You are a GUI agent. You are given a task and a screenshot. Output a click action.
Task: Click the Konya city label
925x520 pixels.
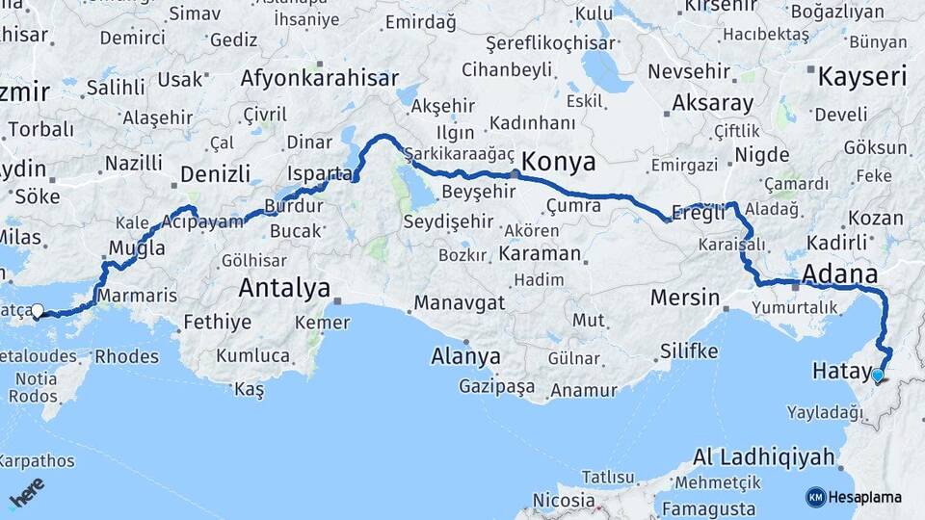pyautogui.click(x=559, y=160)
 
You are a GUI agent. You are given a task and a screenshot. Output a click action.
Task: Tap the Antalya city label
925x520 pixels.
pyautogui.click(x=284, y=287)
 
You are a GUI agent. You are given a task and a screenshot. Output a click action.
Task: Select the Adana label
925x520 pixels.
pyautogui.click(x=839, y=273)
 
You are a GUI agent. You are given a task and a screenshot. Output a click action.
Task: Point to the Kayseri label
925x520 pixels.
pyautogui.click(x=861, y=77)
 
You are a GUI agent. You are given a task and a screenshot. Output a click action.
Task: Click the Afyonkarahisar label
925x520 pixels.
pyautogui.click(x=319, y=78)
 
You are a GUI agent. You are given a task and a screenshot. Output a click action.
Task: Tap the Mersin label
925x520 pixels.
pyautogui.click(x=685, y=297)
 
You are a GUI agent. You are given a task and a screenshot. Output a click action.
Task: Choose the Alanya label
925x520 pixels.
pyautogui.click(x=466, y=356)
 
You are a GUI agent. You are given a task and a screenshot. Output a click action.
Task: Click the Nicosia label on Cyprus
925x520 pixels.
pyautogui.click(x=563, y=500)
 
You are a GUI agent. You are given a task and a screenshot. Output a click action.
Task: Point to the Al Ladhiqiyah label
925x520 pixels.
pyautogui.click(x=762, y=456)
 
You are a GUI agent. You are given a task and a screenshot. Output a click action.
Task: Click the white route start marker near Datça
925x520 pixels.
pyautogui.click(x=38, y=310)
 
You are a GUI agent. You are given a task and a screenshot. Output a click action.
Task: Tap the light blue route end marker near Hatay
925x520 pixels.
pyautogui.click(x=878, y=375)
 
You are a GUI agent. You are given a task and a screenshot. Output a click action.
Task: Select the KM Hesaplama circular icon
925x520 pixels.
pyautogui.click(x=816, y=497)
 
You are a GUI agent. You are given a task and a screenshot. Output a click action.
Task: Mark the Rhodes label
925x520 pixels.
pyautogui.click(x=127, y=357)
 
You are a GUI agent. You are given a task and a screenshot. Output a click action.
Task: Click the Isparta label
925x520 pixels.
pyautogui.click(x=320, y=174)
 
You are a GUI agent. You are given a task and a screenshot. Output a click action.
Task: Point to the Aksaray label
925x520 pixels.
pyautogui.click(x=686, y=102)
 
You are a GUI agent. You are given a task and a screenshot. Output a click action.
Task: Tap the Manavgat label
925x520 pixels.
pyautogui.click(x=460, y=303)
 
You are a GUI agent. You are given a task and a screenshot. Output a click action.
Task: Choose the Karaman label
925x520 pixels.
pyautogui.click(x=541, y=254)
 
